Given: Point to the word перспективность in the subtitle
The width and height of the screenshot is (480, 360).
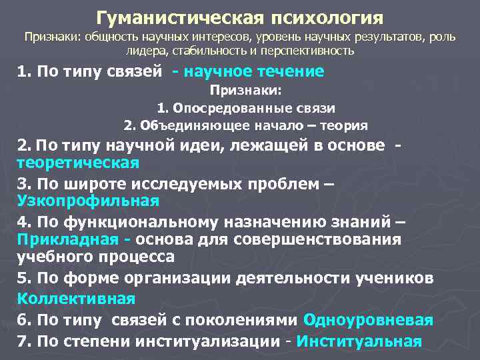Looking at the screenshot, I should pyautogui.click(x=310, y=51).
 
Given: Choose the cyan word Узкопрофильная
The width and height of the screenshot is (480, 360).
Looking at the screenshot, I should pyautogui.click(x=88, y=201).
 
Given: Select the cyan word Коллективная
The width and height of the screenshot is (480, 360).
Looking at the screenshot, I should pyautogui.click(x=75, y=298).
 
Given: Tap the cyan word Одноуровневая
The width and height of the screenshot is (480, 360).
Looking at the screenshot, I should pyautogui.click(x=367, y=320).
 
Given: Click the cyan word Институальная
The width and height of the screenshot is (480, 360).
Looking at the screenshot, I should pyautogui.click(x=359, y=342).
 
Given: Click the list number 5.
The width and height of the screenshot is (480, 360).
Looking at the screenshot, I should pyautogui.click(x=21, y=277).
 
